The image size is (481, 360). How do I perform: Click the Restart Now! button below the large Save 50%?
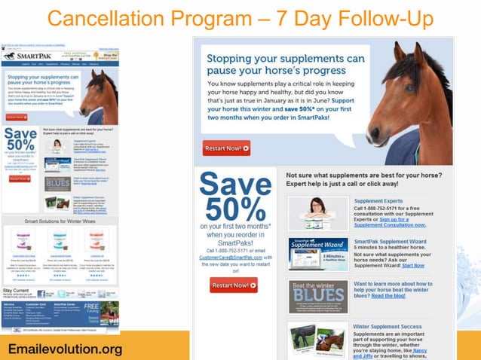click(234, 285)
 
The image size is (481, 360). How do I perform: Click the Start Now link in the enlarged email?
click(413, 265)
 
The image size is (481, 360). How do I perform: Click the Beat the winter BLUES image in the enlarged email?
click(317, 296)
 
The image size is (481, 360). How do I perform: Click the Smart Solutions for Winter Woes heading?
click(60, 222)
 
